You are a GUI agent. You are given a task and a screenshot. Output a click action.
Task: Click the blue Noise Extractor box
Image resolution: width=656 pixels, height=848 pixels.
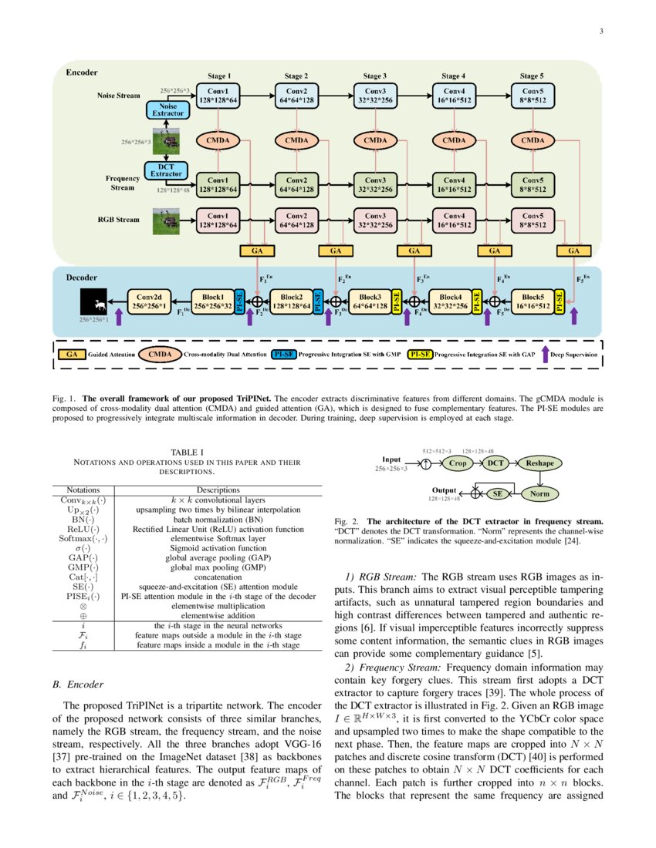click(168, 110)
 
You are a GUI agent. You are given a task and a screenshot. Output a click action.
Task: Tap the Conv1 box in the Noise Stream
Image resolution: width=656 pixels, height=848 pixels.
click(218, 96)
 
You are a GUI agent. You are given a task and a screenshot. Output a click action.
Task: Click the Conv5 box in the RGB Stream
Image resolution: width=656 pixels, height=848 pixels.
click(532, 220)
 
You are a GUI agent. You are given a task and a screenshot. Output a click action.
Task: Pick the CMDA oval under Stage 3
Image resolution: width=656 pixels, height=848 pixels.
click(375, 140)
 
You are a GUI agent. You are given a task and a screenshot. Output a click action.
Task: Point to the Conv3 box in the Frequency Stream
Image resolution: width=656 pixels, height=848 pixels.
click(375, 183)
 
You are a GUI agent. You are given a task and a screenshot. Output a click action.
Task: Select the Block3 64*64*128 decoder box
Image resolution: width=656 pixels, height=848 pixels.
click(370, 301)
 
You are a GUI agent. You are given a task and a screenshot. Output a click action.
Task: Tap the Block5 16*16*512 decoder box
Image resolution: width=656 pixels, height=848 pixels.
click(532, 301)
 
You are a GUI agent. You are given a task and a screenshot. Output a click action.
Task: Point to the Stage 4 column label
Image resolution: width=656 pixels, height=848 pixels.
click(453, 76)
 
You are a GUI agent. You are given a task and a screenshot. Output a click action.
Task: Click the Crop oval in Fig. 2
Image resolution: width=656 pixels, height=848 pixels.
click(457, 464)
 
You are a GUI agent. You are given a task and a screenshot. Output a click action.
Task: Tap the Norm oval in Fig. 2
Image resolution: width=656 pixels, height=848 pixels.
click(539, 493)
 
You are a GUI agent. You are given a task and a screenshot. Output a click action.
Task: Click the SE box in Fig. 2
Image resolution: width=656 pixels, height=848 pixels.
click(498, 493)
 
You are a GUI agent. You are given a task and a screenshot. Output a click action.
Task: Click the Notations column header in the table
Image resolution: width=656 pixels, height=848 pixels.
click(79, 489)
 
